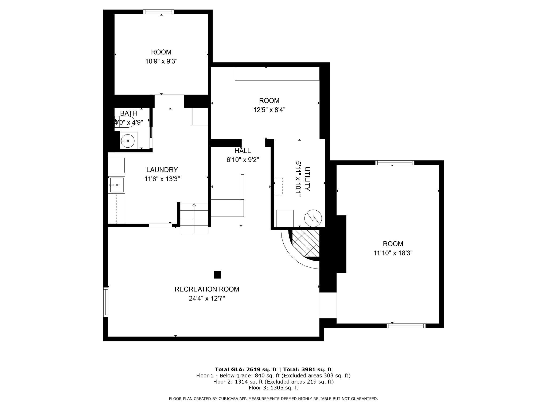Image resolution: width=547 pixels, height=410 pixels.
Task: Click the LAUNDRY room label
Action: (162, 170)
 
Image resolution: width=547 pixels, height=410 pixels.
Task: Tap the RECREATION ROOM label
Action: (207, 289)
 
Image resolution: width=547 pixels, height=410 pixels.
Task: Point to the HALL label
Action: (243, 151)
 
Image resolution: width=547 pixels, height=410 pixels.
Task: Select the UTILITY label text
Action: (307, 179)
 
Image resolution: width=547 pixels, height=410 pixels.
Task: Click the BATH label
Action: (128, 113)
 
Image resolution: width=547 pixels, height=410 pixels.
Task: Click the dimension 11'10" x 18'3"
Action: (393, 253)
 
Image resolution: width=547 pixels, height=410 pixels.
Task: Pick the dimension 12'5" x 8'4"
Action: (269, 110)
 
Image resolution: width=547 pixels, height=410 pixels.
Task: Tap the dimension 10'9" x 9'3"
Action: (161, 61)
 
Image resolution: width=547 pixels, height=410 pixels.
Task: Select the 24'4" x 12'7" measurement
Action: (207, 298)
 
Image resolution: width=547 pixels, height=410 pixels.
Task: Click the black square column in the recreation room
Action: (217, 274)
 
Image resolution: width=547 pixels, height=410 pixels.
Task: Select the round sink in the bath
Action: (128, 141)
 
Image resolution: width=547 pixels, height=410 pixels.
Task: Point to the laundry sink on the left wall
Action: (117, 185)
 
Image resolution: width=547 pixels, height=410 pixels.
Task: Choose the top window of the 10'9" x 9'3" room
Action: (158, 12)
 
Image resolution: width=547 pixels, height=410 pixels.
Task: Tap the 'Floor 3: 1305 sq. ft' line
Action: (273, 388)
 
